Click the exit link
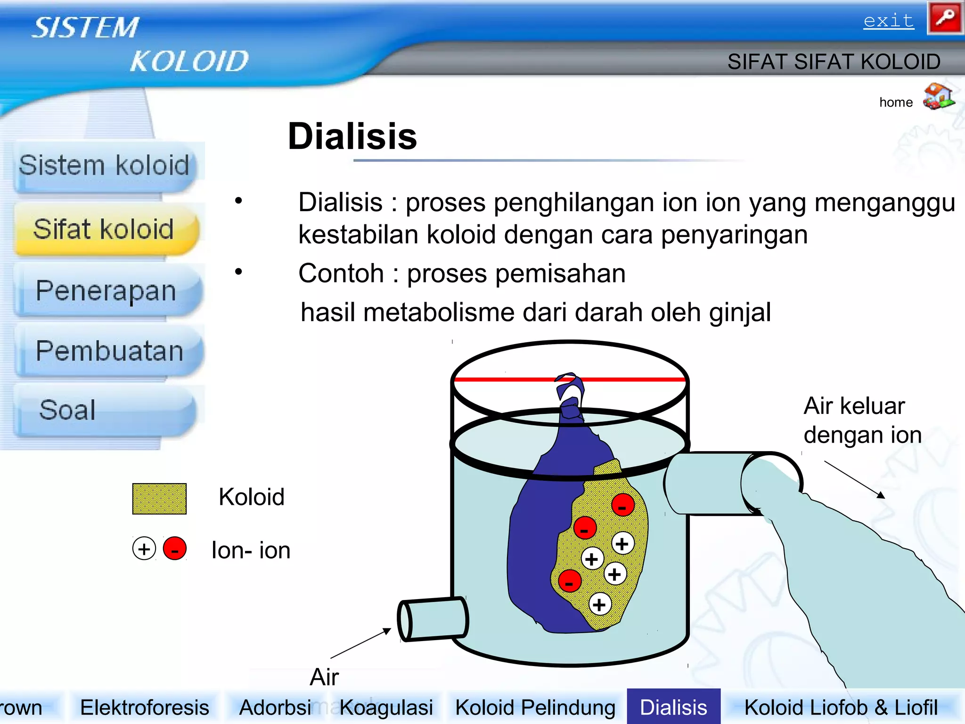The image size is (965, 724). click(x=888, y=21)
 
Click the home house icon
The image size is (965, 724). click(x=938, y=97)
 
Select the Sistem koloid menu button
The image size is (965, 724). click(x=104, y=166)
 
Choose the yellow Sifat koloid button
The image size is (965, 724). click(x=104, y=229)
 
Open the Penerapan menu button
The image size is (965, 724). click(x=106, y=290)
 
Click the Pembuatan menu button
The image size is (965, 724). click(x=109, y=351)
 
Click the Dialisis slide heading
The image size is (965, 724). click(x=352, y=136)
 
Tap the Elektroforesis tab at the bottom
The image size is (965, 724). click(x=144, y=708)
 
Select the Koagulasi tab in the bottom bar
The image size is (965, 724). click(x=386, y=708)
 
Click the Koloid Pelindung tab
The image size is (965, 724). click(x=535, y=708)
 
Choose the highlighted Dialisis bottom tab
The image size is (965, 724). click(x=673, y=708)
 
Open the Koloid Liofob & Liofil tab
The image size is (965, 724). click(x=841, y=708)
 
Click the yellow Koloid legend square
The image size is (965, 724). click(x=159, y=498)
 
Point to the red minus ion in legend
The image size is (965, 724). click(x=174, y=549)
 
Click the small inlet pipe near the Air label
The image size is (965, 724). click(x=433, y=619)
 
